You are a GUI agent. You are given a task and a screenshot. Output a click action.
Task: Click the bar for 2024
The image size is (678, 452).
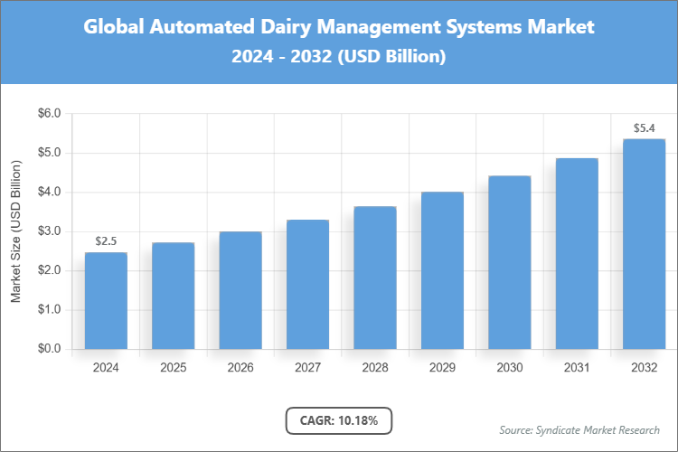pyautogui.click(x=106, y=300)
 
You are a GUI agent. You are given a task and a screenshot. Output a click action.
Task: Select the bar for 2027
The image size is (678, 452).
pyautogui.click(x=307, y=284)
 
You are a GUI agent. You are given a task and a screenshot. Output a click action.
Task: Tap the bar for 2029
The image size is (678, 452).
pyautogui.click(x=442, y=270)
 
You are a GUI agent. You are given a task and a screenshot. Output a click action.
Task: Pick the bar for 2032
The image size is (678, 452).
pyautogui.click(x=644, y=244)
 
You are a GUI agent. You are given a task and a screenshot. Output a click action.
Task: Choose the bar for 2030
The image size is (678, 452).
pyautogui.click(x=509, y=262)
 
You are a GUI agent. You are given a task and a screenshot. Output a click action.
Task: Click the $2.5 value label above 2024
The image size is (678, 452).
pyautogui.click(x=106, y=241)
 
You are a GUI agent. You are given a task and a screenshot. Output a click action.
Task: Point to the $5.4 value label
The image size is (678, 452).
pyautogui.click(x=644, y=128)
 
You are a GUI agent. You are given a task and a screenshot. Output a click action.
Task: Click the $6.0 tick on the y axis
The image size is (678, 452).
pyautogui.click(x=48, y=114)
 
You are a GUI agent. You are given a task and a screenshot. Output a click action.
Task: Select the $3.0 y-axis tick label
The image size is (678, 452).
pyautogui.click(x=48, y=231)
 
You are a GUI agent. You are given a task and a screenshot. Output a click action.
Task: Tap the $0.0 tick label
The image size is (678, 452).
pyautogui.click(x=48, y=349)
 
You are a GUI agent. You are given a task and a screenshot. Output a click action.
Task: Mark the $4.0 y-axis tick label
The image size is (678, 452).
pyautogui.click(x=48, y=193)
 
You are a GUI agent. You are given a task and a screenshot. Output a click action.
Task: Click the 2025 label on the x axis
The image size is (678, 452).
pyautogui.click(x=173, y=368)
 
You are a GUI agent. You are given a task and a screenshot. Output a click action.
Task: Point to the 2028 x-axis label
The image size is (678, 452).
pyautogui.click(x=374, y=368)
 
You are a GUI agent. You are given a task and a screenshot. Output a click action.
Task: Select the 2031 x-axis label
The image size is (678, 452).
pyautogui.click(x=577, y=368)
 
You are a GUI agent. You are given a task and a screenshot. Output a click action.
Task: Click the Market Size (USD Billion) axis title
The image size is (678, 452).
pyautogui.click(x=15, y=231)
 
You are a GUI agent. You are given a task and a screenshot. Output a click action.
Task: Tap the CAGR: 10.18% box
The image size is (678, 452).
pyautogui.click(x=339, y=420)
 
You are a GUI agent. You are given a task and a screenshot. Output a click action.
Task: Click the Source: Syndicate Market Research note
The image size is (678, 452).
pyautogui.click(x=579, y=429)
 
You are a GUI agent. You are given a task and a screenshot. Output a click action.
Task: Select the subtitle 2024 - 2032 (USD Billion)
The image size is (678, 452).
pyautogui.click(x=339, y=56)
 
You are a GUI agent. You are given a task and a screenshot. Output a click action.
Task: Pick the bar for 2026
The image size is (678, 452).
pyautogui.click(x=240, y=290)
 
